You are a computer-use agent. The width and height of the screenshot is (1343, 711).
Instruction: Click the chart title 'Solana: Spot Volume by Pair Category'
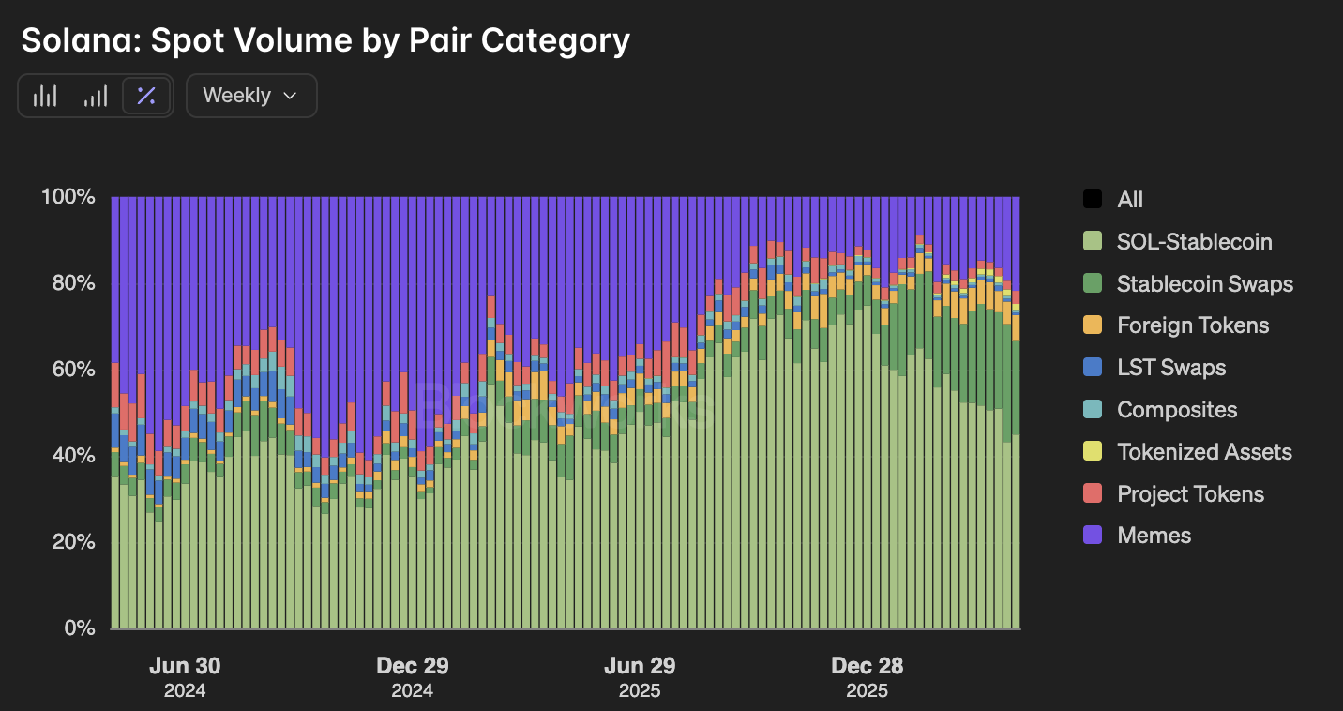coord(325,40)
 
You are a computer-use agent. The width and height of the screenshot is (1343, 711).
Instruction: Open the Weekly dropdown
coord(251,96)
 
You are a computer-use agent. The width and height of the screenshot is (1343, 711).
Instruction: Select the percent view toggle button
coord(146,96)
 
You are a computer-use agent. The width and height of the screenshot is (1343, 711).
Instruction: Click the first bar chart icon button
coord(45,96)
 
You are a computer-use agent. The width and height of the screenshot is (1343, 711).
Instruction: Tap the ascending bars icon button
coord(96,96)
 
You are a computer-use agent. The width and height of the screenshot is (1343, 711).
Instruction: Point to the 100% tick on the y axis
coord(68,197)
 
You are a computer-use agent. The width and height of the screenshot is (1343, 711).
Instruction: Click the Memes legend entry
coord(1154,536)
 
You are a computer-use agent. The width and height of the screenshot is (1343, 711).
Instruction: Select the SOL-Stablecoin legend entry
coord(1194,242)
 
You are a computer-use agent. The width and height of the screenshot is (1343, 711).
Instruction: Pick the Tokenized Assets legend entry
coord(1204,452)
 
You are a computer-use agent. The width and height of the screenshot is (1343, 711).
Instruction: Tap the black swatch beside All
coord(1093,200)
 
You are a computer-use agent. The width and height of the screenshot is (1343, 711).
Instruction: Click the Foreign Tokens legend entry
coord(1193,325)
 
